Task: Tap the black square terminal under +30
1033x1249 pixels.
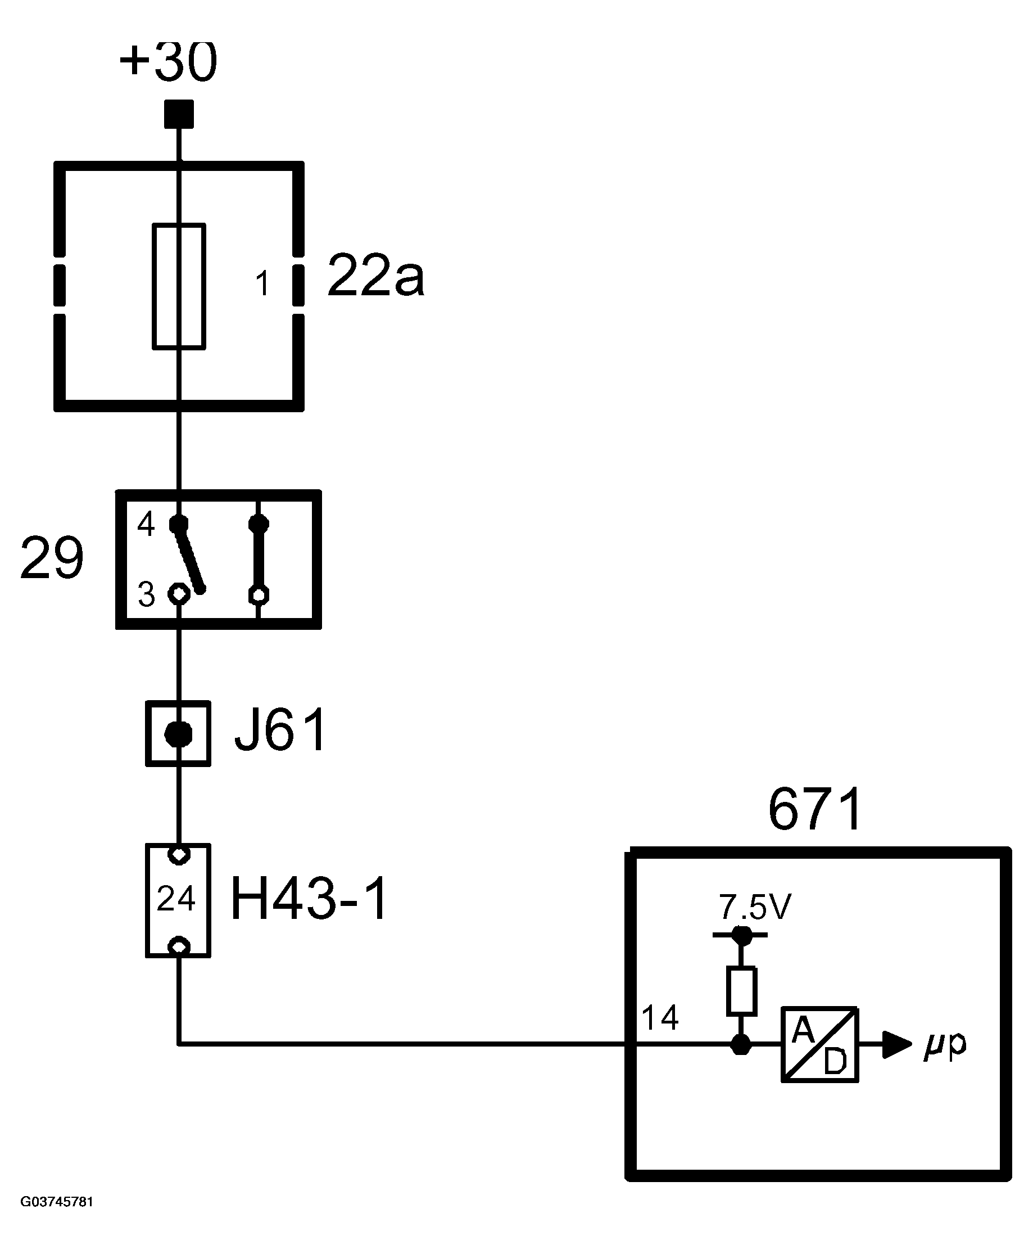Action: [179, 114]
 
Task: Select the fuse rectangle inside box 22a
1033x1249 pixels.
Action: [179, 286]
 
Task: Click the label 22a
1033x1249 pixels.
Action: [375, 276]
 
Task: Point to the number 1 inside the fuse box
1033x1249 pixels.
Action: [262, 283]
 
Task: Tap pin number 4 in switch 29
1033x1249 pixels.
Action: [146, 525]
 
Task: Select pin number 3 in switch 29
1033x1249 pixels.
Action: [146, 594]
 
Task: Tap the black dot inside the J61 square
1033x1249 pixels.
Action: [178, 734]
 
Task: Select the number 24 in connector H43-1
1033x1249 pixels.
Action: [176, 899]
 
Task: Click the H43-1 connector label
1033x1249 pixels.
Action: [309, 899]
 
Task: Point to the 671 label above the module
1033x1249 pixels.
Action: [815, 809]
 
